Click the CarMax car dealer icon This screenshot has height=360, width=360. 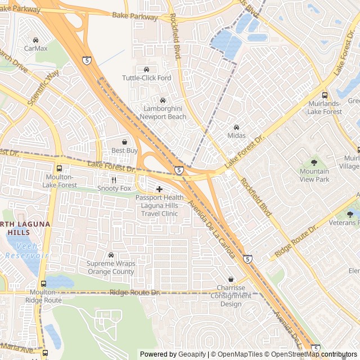point(35,40)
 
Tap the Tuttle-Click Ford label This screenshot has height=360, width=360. point(146,78)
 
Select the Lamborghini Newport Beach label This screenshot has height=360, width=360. point(163,112)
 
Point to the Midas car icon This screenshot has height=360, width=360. point(236,127)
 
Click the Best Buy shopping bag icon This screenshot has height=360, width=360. point(124,142)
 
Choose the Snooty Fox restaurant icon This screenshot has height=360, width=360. point(114,180)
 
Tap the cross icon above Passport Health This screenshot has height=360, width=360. point(159,189)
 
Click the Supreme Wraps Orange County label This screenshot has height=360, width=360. point(111,267)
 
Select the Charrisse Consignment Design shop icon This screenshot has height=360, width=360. point(231,279)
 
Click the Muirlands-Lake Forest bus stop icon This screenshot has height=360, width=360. point(325,95)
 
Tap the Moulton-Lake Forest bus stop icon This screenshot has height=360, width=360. point(59,168)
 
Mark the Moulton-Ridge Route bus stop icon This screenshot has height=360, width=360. point(43,284)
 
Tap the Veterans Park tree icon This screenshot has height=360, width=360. point(350,214)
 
